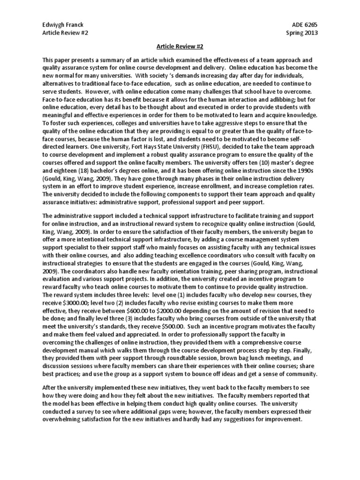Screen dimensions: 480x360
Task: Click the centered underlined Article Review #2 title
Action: pos(180,47)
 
